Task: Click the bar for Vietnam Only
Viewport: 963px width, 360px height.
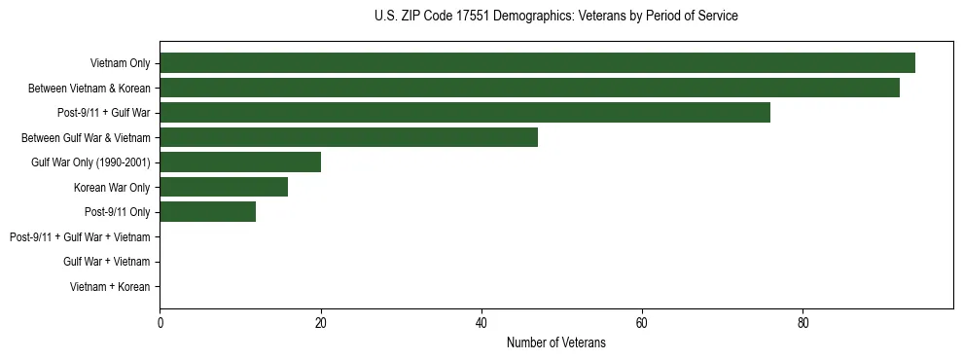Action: tap(537, 63)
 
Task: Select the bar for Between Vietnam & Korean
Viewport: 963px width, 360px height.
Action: tap(529, 88)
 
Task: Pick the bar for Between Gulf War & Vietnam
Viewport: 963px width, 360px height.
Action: tap(348, 137)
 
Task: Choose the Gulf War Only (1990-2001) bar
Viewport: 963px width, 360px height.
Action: tap(240, 162)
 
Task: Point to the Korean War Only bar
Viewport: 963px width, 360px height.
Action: tap(224, 187)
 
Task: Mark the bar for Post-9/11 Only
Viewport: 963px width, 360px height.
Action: tap(207, 212)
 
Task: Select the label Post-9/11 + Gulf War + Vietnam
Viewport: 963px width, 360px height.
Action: tap(80, 236)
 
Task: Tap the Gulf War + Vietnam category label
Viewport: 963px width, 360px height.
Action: tap(106, 262)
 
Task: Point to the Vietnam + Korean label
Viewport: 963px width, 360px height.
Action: tap(110, 286)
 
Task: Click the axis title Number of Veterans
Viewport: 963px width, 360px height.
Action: tap(555, 342)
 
